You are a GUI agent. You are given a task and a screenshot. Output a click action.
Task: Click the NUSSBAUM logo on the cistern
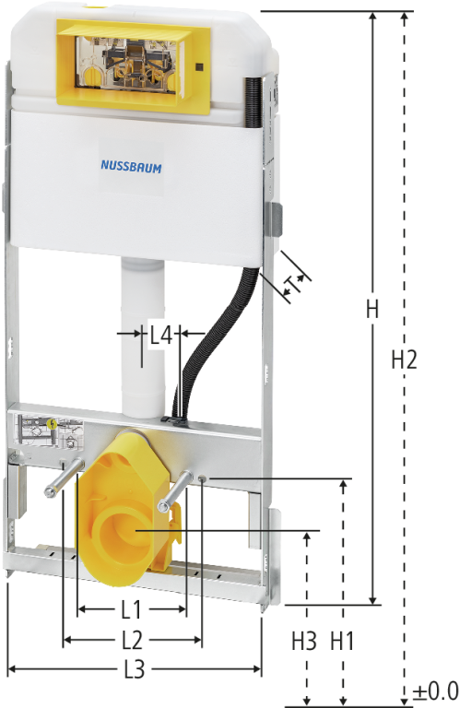131,167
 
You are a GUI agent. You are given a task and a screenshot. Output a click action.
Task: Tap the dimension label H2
404,360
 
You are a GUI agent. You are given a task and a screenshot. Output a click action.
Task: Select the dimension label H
372,310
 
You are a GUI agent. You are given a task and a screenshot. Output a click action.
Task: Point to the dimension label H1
342,641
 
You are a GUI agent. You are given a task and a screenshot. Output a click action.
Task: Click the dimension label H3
304,641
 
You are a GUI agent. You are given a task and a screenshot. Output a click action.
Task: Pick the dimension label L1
132,609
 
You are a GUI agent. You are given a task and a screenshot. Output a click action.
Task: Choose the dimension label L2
132,640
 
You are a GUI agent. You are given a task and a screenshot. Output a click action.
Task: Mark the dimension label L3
134,669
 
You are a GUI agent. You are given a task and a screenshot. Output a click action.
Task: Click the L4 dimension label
161,335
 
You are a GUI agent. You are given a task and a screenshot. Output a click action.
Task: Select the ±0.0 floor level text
436,690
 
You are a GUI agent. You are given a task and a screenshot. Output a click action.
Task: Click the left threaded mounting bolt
64,478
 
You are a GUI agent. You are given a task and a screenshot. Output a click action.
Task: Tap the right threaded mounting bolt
176,491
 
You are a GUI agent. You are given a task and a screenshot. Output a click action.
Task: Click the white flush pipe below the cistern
143,337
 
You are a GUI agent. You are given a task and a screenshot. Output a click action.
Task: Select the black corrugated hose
212,343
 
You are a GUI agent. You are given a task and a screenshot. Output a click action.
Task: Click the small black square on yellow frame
199,67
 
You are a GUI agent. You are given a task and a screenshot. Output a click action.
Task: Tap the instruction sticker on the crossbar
49,432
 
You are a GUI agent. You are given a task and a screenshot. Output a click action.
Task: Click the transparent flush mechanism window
125,62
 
